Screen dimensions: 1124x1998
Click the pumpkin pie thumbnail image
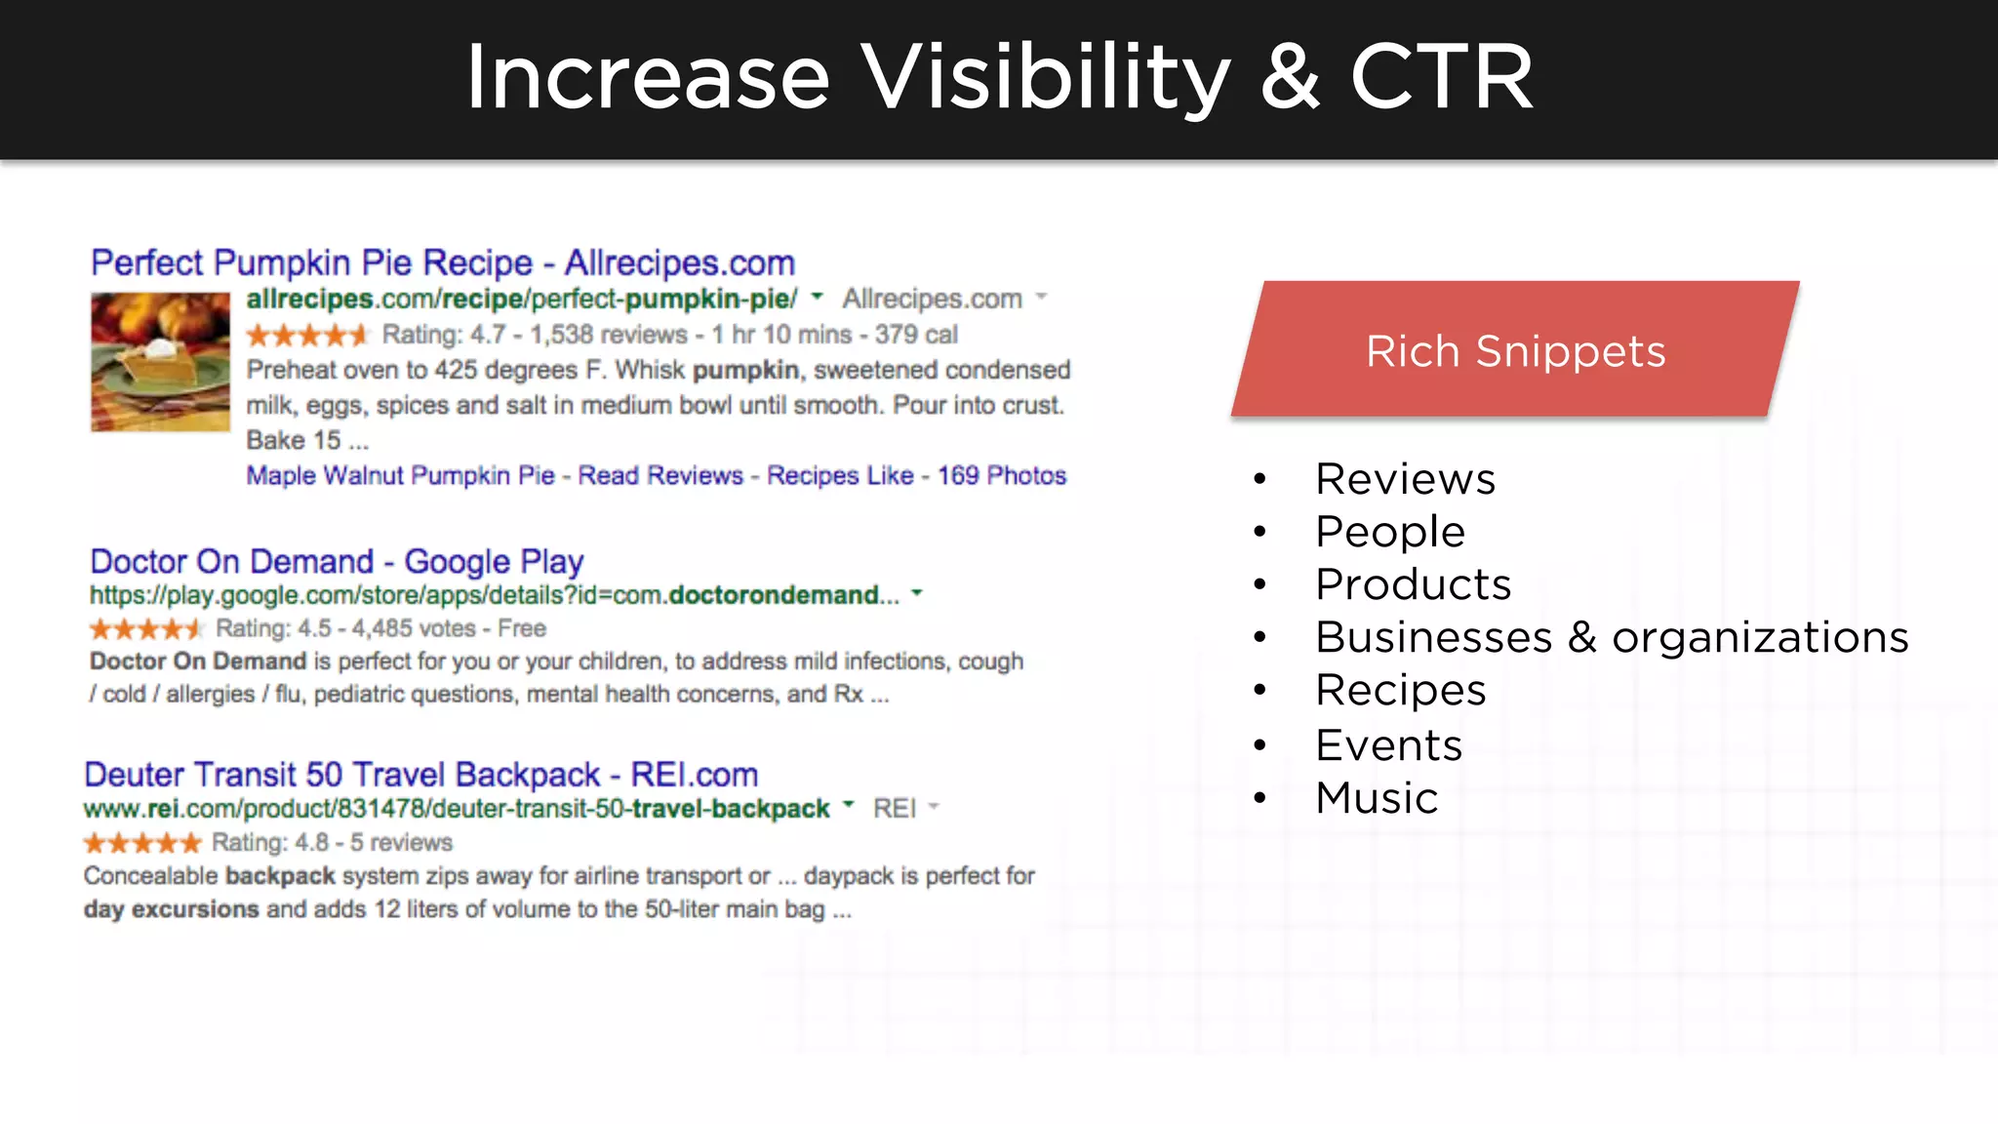coord(160,362)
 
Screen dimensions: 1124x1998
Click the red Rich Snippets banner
coord(1515,350)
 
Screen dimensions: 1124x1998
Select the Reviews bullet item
coord(1404,479)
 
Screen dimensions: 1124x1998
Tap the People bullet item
coord(1389,532)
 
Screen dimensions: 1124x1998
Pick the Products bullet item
coord(1413,584)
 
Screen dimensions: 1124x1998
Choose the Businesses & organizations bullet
coord(1611,637)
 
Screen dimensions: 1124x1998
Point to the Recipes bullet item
coord(1400,690)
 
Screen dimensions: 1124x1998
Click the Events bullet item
coord(1388,745)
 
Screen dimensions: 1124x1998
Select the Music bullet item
coord(1376,798)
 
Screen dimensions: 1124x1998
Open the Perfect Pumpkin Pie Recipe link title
coord(443,262)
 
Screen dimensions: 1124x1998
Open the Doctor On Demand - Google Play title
coord(337,561)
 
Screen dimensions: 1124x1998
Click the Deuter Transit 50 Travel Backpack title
coord(420,775)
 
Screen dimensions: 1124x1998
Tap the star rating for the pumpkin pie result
coord(306,336)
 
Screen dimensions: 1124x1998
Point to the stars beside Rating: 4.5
coord(145,629)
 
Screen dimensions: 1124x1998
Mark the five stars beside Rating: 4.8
coord(142,843)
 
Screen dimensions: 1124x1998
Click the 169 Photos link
coord(1002,475)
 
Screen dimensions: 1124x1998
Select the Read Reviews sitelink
coord(660,475)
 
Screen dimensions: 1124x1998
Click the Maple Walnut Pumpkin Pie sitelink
coord(400,475)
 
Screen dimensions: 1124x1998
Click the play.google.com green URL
coord(494,595)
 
